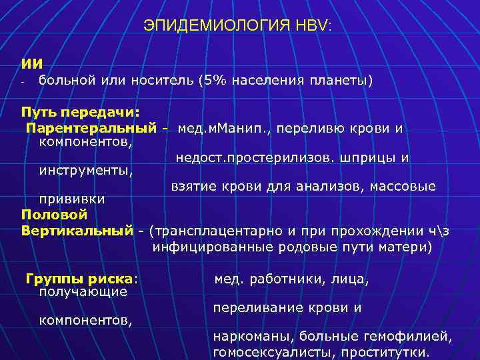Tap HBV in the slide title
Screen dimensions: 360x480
click(315, 26)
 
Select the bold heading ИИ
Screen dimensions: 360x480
click(32, 63)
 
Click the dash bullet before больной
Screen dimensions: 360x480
click(23, 82)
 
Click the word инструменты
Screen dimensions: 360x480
click(86, 171)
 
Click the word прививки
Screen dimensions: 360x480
click(71, 199)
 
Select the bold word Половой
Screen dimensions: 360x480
click(54, 215)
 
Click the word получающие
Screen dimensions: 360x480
click(83, 291)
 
